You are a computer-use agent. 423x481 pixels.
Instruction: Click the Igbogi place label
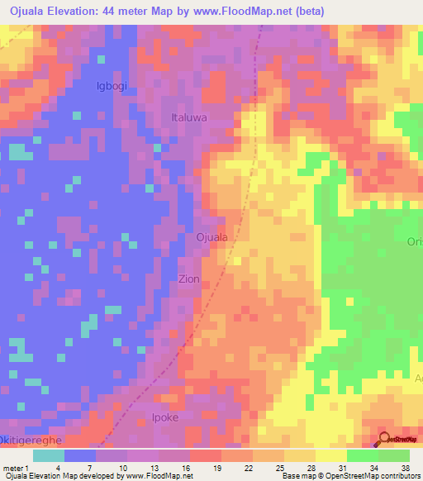coord(113,85)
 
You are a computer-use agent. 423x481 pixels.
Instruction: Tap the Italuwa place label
coord(188,117)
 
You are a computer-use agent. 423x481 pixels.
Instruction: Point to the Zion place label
coord(188,279)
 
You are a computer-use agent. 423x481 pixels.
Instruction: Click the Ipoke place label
coord(165,417)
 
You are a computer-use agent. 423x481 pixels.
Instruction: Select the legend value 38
coord(406,467)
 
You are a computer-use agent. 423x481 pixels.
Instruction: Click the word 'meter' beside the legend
coord(12,467)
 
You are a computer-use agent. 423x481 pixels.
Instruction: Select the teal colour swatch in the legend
coord(48,455)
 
